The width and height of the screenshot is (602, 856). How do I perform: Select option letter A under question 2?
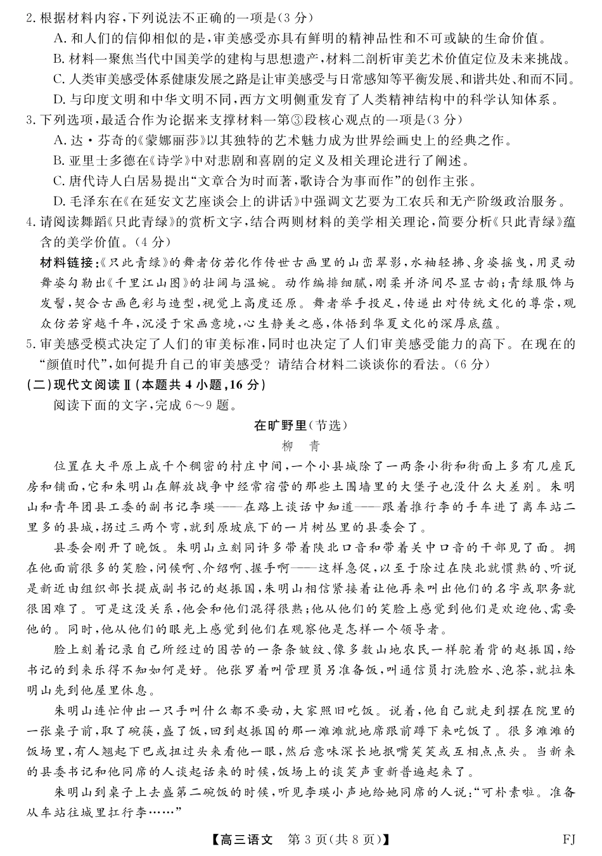(x=59, y=38)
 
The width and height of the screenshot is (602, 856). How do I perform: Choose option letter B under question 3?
(x=59, y=160)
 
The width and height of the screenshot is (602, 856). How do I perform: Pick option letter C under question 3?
(x=59, y=181)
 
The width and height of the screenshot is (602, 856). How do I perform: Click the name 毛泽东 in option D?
(x=85, y=202)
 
